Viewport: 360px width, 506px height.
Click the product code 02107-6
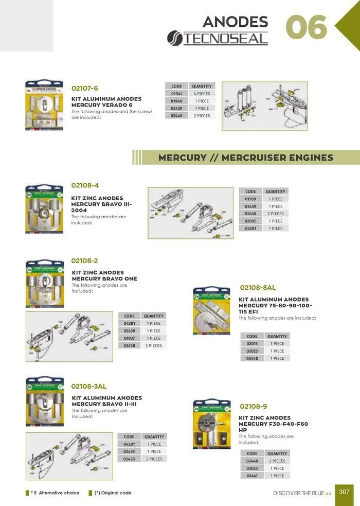point(84,89)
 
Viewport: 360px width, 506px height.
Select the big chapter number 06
point(307,27)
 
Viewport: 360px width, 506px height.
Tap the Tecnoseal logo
point(218,38)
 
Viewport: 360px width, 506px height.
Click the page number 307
point(344,492)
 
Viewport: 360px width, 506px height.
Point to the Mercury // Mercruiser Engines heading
point(246,158)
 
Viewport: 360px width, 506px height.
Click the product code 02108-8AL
point(258,288)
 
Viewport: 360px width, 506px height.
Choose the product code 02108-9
point(254,406)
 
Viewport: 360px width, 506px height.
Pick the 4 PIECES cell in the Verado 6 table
point(202,94)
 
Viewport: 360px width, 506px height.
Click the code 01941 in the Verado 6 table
point(176,94)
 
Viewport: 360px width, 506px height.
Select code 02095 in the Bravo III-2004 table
point(250,221)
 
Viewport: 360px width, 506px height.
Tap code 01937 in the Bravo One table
point(129,338)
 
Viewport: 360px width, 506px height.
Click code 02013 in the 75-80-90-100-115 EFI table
point(252,343)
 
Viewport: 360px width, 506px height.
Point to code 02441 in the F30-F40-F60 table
point(252,476)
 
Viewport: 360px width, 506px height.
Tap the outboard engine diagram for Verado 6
point(264,106)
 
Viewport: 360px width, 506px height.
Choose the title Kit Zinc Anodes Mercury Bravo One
point(104,275)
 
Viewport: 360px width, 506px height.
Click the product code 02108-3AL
point(89,386)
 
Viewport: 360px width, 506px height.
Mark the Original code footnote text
point(113,493)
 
